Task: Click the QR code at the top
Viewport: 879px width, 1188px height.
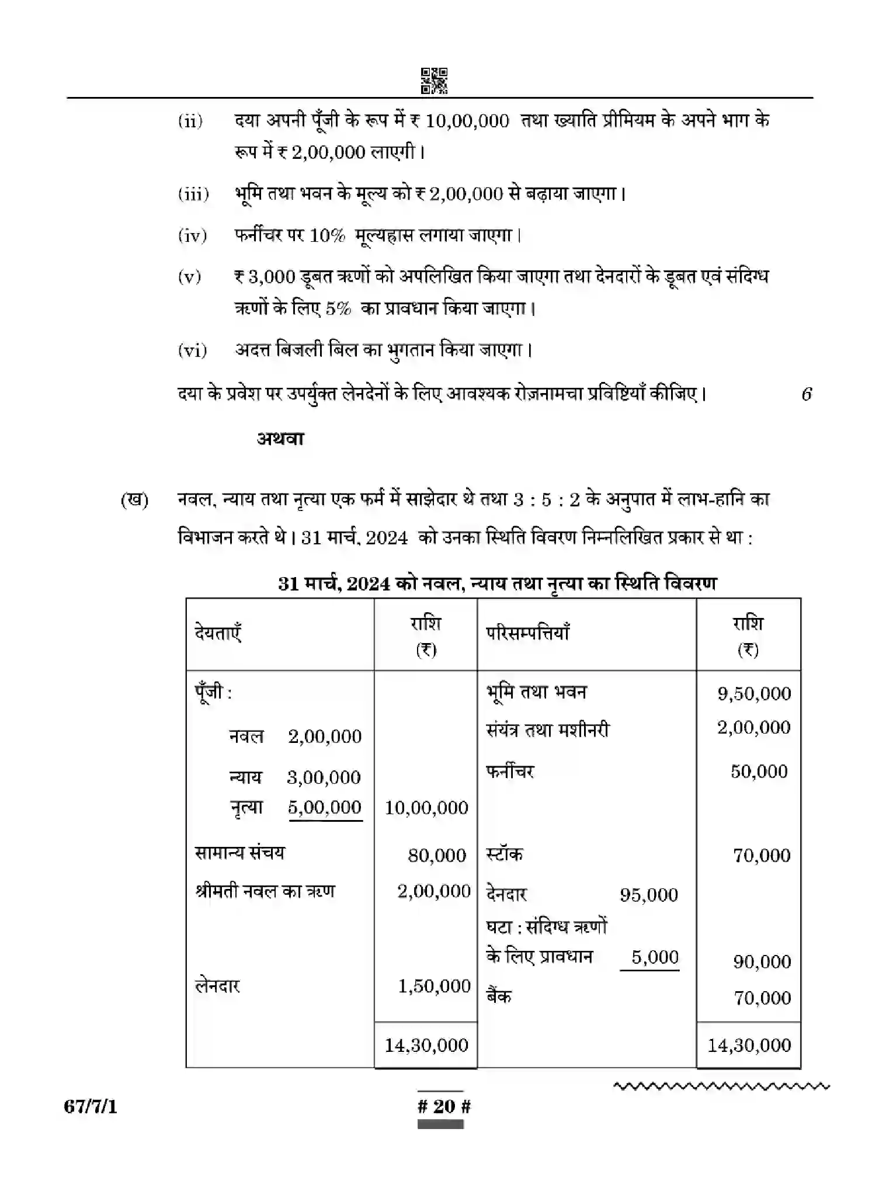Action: click(x=434, y=81)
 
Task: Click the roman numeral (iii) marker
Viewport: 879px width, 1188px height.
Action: click(x=193, y=194)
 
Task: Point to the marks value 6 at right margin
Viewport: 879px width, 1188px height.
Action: click(x=807, y=394)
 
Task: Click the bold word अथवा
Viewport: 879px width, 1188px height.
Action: click(x=280, y=438)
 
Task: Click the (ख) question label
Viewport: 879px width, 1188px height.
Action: click(x=134, y=501)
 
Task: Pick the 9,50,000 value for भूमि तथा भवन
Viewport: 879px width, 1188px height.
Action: click(x=754, y=694)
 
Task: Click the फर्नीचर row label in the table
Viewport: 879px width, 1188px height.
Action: click(x=510, y=772)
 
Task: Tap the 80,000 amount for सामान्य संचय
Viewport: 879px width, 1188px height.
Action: click(x=437, y=856)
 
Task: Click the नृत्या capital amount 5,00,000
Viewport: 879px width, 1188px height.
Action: click(x=325, y=807)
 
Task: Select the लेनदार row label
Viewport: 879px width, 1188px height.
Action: click(x=217, y=986)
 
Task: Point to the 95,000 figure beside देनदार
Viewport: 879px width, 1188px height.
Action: click(x=649, y=895)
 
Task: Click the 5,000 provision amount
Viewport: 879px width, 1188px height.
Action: click(x=655, y=957)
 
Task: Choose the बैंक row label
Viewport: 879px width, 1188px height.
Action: click(x=499, y=996)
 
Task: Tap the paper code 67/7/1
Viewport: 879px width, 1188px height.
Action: click(x=91, y=1106)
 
